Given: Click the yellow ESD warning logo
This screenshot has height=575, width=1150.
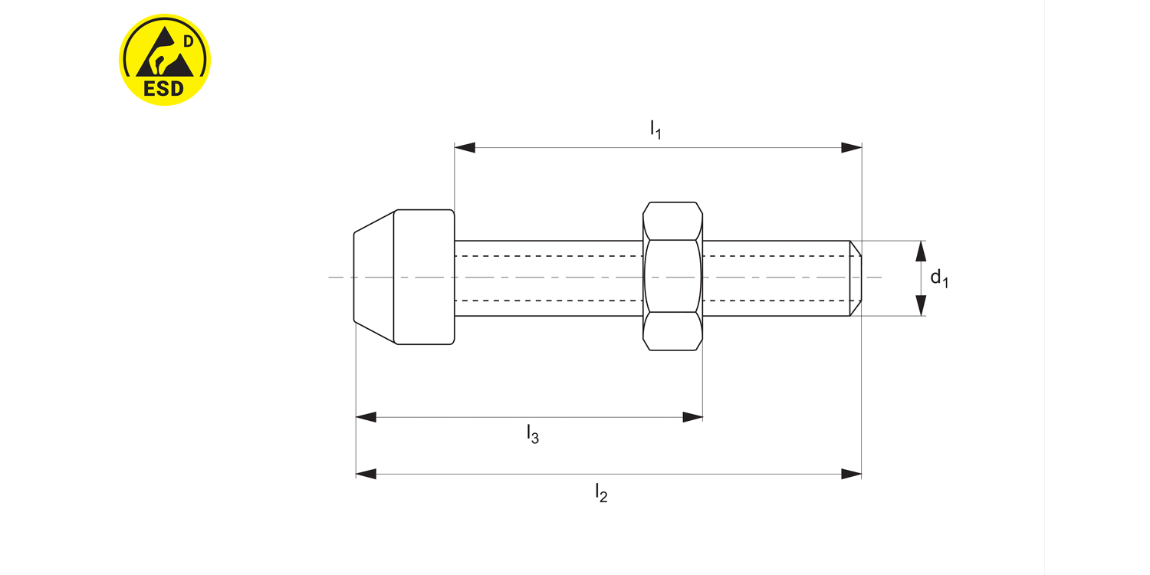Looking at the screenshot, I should point(165,59).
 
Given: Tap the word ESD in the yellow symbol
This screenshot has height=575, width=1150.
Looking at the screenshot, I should point(164,87).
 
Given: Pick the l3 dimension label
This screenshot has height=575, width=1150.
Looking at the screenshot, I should point(533,435).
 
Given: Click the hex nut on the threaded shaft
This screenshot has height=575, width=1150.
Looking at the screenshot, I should point(672,277).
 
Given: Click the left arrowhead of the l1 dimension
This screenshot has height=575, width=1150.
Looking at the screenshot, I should point(465,147).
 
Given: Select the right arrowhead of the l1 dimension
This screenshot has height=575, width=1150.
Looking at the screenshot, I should point(851,147).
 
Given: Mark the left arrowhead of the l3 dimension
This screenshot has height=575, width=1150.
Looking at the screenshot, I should point(366,417).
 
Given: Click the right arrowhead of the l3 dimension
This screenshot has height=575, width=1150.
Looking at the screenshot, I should point(693,417).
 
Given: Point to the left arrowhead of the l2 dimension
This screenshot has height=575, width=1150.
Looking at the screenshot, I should point(366,474).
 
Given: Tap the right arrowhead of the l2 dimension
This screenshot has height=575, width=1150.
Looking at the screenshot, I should point(851,474).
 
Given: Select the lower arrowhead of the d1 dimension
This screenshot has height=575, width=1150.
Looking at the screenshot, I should point(922,305).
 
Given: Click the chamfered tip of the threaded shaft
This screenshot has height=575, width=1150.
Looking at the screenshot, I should point(856,278).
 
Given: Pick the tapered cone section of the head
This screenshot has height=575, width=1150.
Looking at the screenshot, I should point(374,277).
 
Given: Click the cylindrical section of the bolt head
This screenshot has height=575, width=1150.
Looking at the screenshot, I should point(424,277).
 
